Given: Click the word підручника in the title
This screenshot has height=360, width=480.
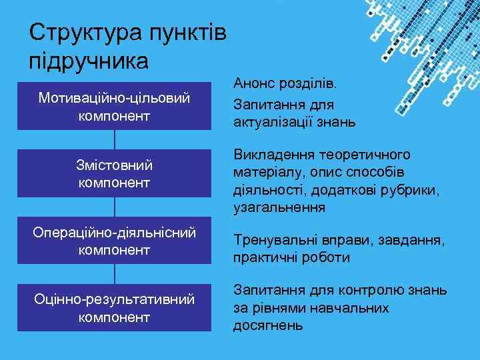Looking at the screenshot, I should click(89, 62).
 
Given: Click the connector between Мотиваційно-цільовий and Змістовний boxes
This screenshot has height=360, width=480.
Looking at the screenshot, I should click(115, 139).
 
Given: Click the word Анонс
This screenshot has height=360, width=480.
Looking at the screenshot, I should click(254, 85).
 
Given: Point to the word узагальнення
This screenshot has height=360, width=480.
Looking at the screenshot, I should click(279, 209).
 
